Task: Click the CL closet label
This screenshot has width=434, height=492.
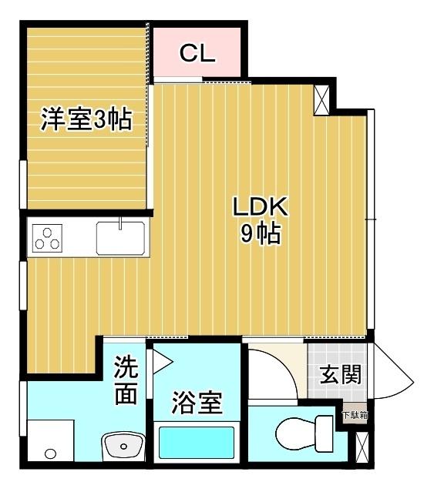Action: tap(197, 53)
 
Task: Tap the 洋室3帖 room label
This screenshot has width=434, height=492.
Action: tap(86, 119)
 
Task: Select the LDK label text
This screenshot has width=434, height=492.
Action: tap(261, 206)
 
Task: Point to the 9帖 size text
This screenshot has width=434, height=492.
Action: tap(261, 234)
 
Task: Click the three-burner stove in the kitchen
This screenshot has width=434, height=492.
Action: tap(47, 238)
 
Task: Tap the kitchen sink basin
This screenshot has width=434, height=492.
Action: tap(120, 238)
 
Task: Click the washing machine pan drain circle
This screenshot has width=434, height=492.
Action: tap(50, 454)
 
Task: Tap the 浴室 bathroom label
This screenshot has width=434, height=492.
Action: tap(197, 403)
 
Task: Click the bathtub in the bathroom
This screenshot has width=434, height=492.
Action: tap(197, 443)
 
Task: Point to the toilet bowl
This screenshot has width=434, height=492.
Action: tap(304, 434)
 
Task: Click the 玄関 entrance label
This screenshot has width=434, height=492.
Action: tap(340, 374)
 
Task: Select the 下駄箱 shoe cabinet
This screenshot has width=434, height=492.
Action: tap(355, 413)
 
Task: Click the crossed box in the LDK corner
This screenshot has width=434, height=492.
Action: tap(322, 100)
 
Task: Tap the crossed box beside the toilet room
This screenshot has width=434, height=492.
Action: tap(362, 447)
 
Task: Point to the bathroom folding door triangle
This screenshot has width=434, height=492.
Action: tap(162, 362)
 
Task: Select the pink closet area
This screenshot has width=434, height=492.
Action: tap(197, 52)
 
